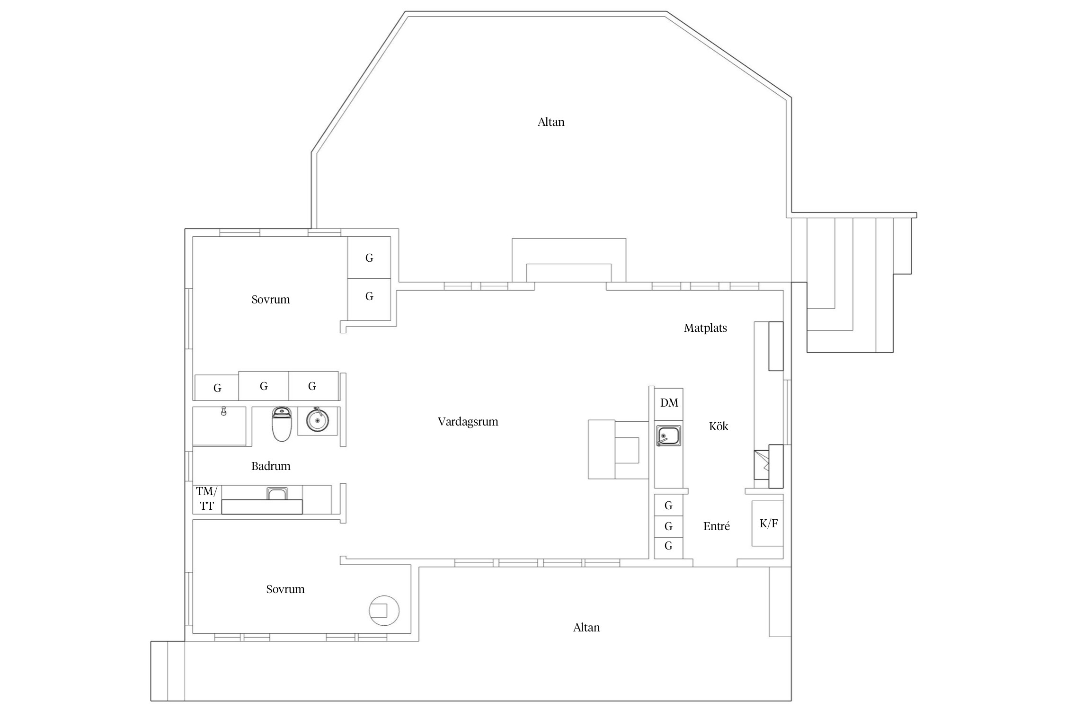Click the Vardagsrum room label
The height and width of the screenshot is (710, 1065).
click(x=468, y=422)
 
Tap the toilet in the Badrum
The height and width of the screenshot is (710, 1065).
click(x=281, y=424)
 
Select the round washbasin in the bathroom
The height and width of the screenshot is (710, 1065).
click(x=317, y=420)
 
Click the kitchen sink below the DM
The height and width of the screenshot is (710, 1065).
click(x=668, y=436)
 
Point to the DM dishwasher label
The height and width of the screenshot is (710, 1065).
click(x=669, y=403)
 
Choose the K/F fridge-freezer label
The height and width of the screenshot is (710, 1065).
click(x=769, y=524)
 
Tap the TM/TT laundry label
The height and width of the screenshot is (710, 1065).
click(x=207, y=499)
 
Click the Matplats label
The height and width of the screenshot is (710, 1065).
click(x=705, y=328)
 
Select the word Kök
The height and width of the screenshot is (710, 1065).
click(x=719, y=426)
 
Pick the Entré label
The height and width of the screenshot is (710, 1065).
click(x=717, y=526)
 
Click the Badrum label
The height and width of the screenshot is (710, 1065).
click(x=271, y=466)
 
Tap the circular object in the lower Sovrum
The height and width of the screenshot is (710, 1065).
click(x=384, y=611)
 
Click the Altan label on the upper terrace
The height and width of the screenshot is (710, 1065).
click(x=551, y=122)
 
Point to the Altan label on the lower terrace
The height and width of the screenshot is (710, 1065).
click(x=586, y=628)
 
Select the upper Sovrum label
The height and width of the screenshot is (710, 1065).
click(x=271, y=300)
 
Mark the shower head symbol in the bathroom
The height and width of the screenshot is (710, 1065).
click(x=224, y=411)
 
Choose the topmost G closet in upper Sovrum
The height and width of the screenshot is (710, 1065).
click(x=369, y=258)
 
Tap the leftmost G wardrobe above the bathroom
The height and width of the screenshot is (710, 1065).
click(x=217, y=388)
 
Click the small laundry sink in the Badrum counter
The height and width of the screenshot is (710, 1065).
click(x=277, y=494)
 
